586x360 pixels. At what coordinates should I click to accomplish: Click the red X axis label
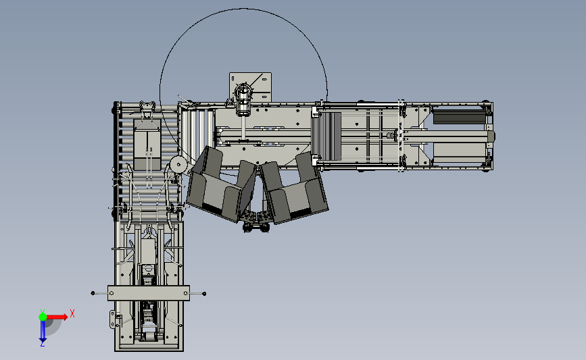click(72, 313)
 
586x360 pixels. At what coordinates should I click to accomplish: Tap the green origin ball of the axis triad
click(43, 317)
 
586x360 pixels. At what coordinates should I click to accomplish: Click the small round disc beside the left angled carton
click(178, 164)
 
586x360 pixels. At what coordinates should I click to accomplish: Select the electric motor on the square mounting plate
click(243, 99)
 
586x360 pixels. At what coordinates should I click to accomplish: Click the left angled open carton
click(221, 184)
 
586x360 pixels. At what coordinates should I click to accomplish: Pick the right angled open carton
click(294, 188)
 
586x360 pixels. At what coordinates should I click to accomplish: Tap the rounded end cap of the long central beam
click(491, 136)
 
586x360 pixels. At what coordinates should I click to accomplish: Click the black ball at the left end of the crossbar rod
click(93, 293)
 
